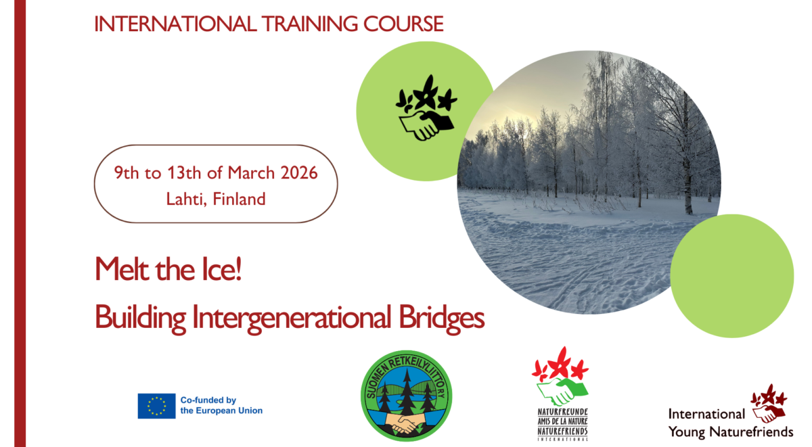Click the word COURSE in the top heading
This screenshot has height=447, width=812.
tap(403, 24)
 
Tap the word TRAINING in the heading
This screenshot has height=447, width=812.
tap(310, 24)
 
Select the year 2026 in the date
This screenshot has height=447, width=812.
tap(299, 173)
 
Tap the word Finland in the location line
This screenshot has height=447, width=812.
tap(239, 199)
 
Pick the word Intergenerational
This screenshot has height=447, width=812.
tap(291, 318)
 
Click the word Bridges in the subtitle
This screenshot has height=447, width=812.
tap(441, 318)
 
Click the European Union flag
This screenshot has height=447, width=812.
tap(156, 406)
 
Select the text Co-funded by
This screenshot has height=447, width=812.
tap(208, 400)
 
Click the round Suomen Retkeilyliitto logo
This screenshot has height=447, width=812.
tap(407, 396)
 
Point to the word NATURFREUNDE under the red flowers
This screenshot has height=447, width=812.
tap(562, 412)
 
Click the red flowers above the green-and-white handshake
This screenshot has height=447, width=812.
tap(560, 364)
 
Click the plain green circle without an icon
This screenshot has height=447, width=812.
tap(732, 276)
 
